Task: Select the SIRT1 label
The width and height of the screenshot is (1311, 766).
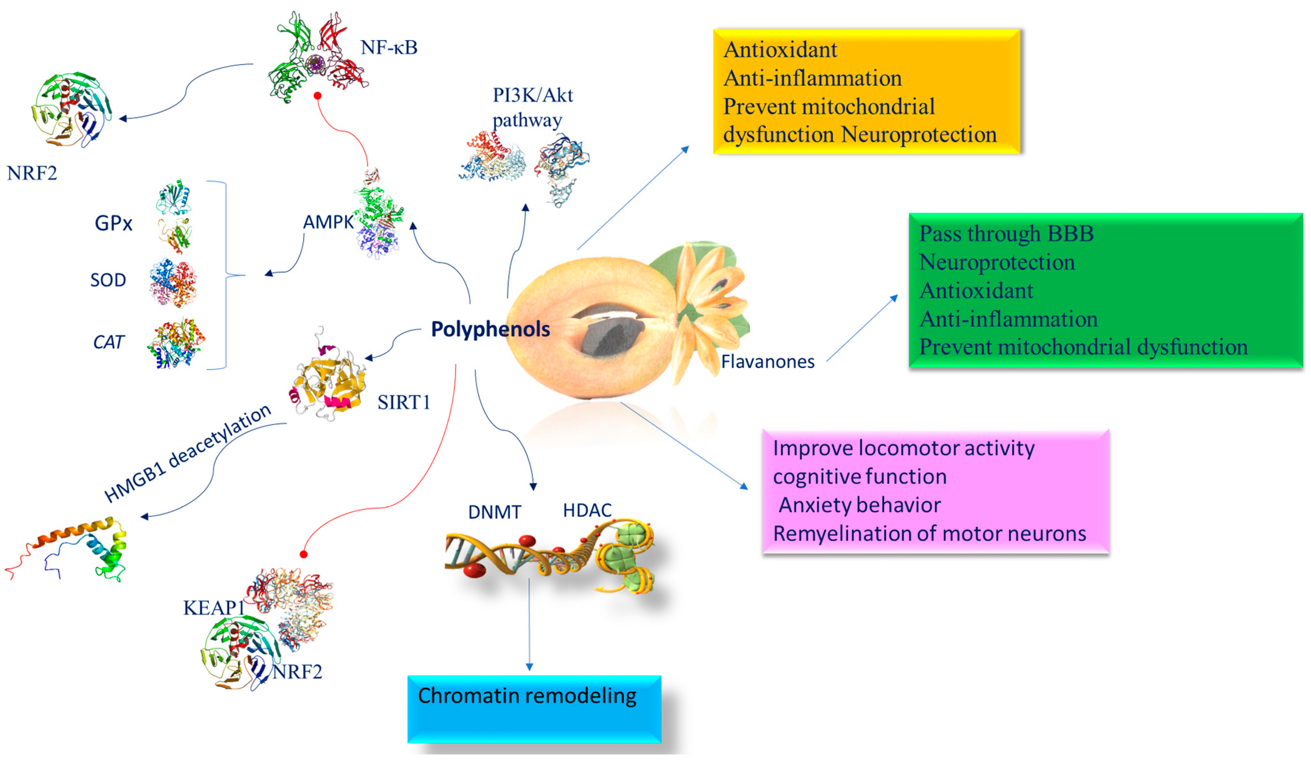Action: (x=404, y=402)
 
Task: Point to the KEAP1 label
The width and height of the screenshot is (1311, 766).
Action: (x=213, y=607)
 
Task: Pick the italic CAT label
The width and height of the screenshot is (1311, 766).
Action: (x=108, y=342)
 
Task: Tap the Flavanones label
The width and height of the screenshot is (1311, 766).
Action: (x=768, y=361)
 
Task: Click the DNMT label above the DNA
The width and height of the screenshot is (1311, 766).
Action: (x=494, y=512)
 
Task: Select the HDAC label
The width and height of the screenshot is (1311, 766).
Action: (x=587, y=511)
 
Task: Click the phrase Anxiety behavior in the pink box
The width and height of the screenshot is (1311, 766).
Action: (x=859, y=505)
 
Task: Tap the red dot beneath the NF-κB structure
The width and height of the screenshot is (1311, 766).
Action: (x=317, y=96)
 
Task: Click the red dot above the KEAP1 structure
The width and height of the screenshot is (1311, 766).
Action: (x=304, y=554)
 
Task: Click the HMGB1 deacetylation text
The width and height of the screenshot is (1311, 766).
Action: (x=187, y=454)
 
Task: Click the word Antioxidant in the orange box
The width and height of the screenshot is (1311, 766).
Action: (x=780, y=50)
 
